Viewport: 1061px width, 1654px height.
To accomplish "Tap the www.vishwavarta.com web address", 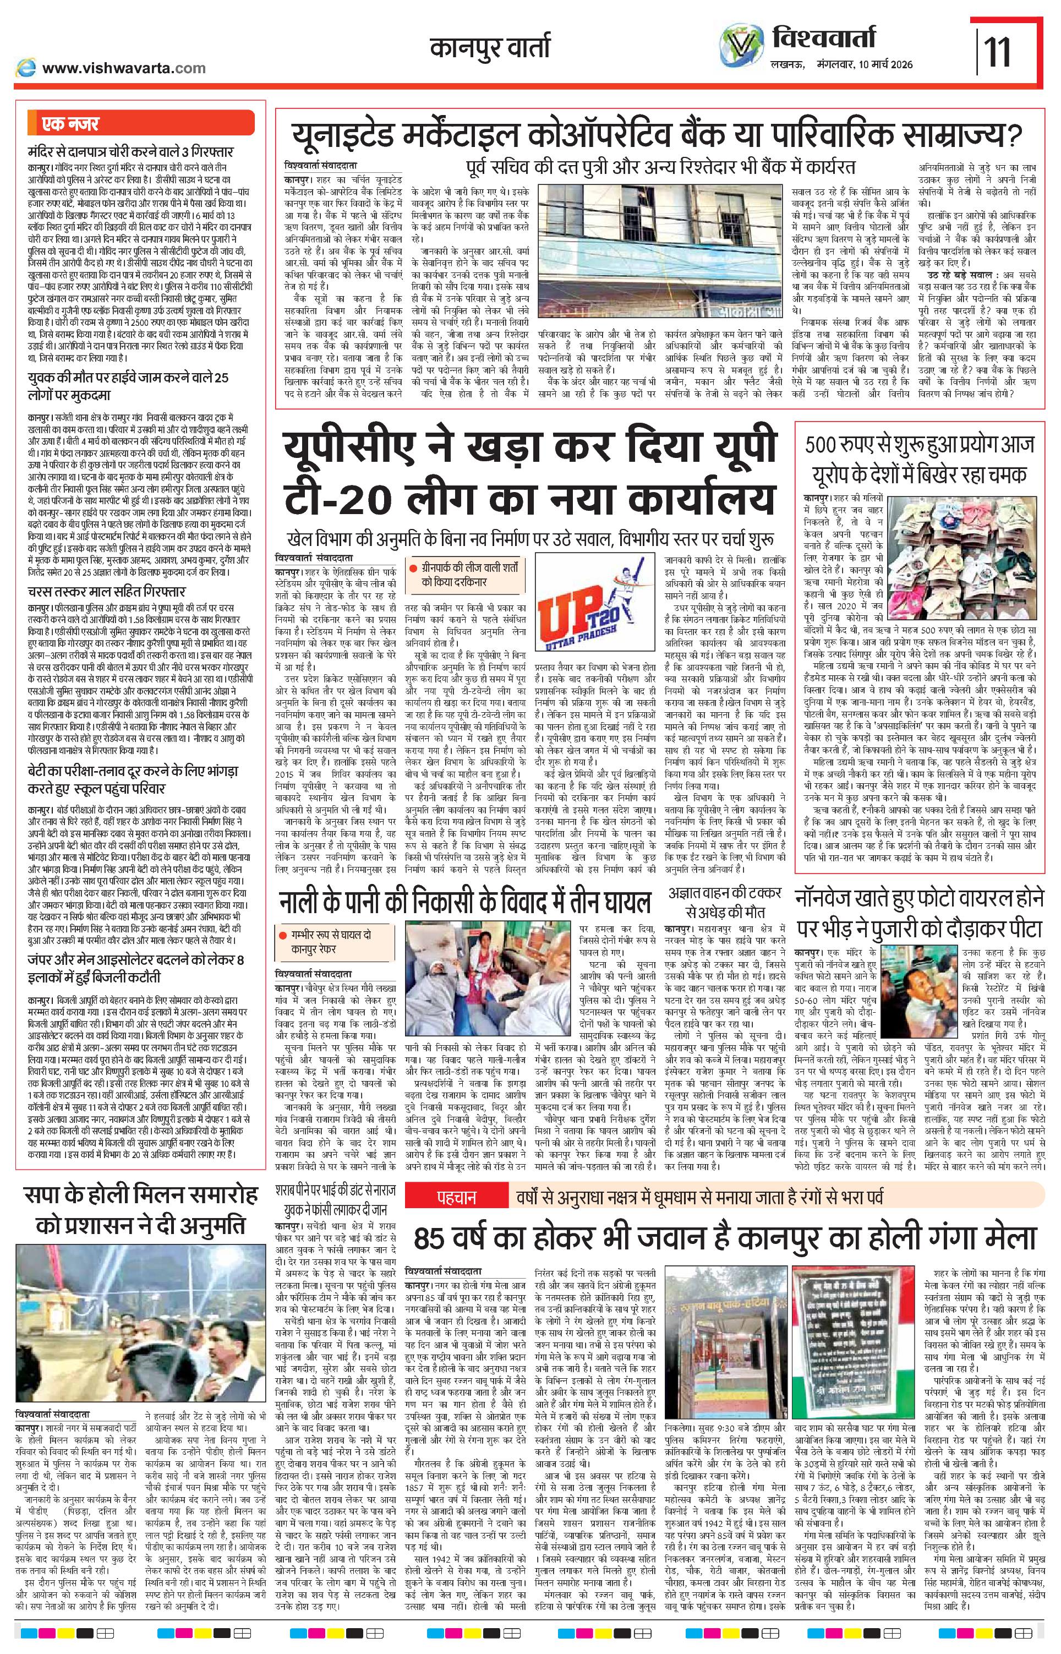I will [x=123, y=68].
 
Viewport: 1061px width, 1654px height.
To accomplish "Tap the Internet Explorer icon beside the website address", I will [x=26, y=68].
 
